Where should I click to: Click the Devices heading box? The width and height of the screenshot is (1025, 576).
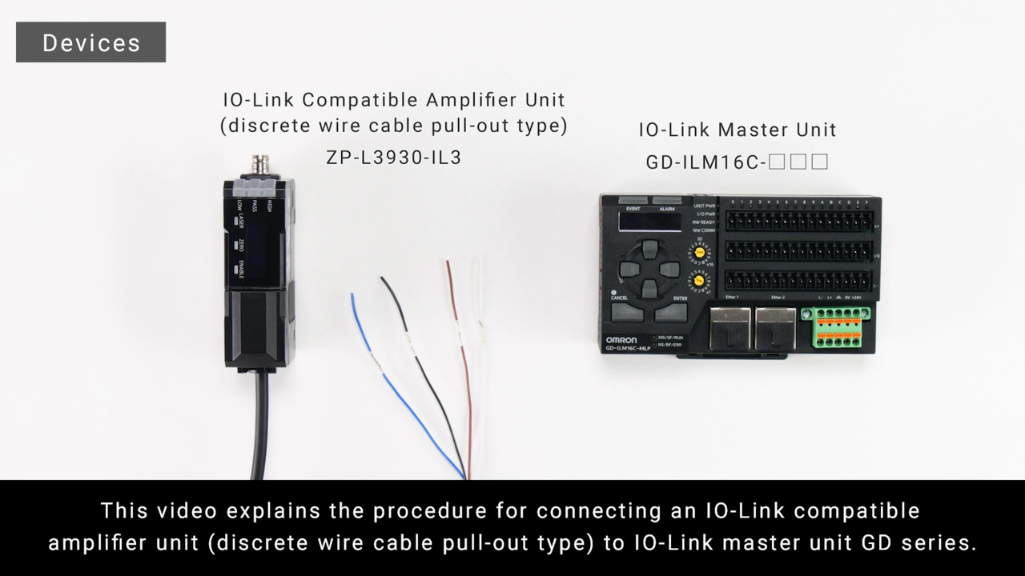[x=90, y=42]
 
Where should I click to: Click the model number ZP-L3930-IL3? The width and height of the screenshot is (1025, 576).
[x=393, y=158]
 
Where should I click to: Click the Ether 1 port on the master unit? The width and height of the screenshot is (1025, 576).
[x=729, y=328]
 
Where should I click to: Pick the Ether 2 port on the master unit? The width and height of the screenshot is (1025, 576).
[x=775, y=328]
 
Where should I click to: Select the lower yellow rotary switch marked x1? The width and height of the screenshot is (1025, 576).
[x=698, y=282]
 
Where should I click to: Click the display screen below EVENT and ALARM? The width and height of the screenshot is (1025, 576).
[x=648, y=223]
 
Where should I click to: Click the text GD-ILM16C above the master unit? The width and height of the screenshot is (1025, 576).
[x=705, y=162]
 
